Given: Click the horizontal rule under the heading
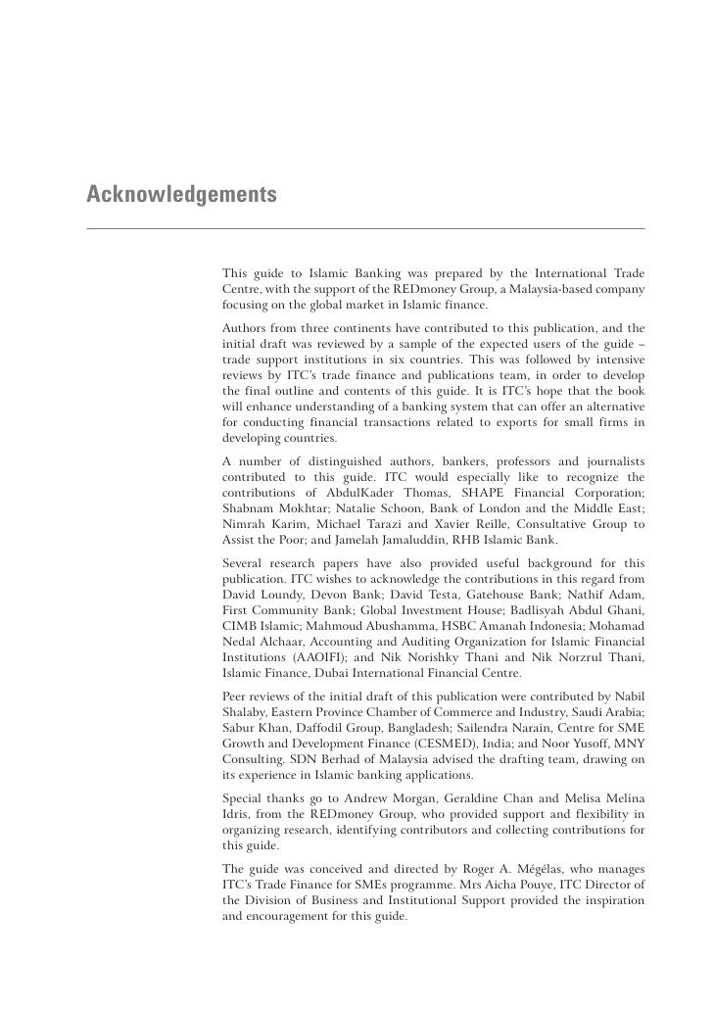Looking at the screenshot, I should (x=365, y=228).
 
